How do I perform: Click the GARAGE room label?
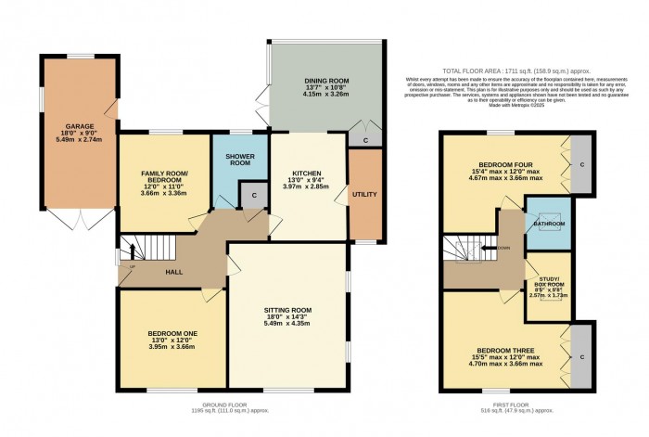[x=79, y=125]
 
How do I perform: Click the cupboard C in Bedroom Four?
[x=581, y=165]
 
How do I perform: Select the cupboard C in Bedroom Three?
[x=581, y=356]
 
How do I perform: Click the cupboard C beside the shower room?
[x=249, y=196]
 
